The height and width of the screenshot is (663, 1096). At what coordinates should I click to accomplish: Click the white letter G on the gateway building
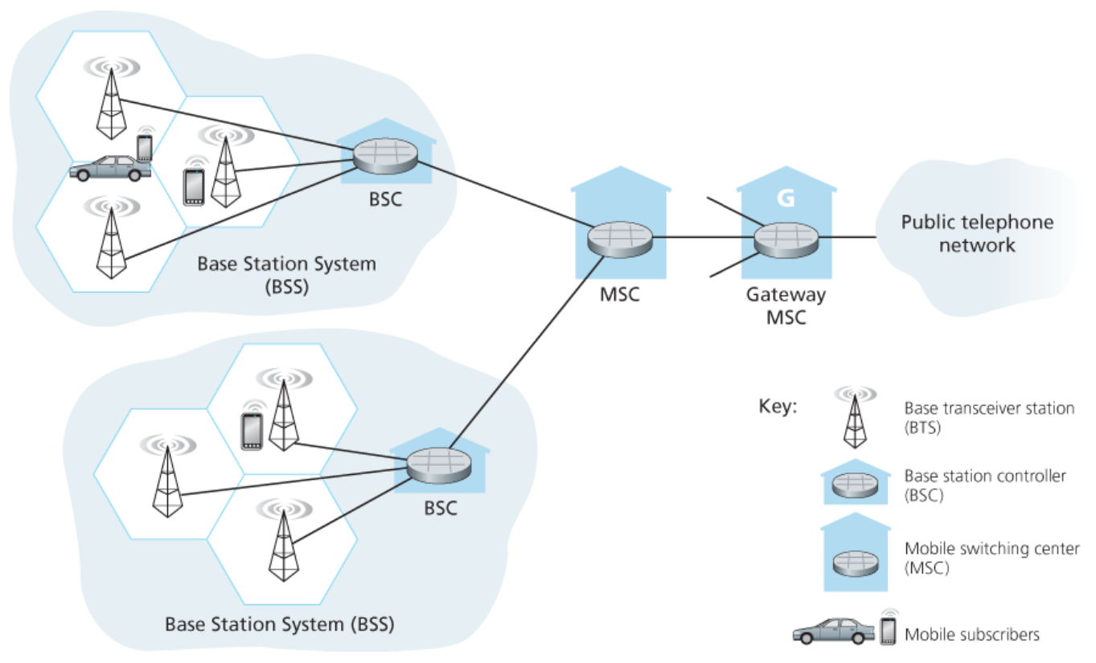tap(786, 197)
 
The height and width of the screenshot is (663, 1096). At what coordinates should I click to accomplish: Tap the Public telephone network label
tap(976, 233)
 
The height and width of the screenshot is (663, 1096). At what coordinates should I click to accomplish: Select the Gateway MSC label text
tap(785, 305)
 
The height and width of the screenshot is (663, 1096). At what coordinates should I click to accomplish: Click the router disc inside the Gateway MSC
tap(786, 239)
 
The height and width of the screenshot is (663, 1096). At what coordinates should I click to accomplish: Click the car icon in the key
tap(832, 631)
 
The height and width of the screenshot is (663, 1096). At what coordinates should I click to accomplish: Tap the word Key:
tap(778, 405)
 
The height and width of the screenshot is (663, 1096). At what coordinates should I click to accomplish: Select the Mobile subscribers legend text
tap(971, 635)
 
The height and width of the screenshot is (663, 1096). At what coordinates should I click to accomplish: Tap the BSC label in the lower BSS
tap(440, 508)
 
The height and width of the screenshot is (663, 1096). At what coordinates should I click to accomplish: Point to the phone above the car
tap(145, 147)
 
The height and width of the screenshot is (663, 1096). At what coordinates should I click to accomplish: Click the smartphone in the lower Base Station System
tap(252, 431)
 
